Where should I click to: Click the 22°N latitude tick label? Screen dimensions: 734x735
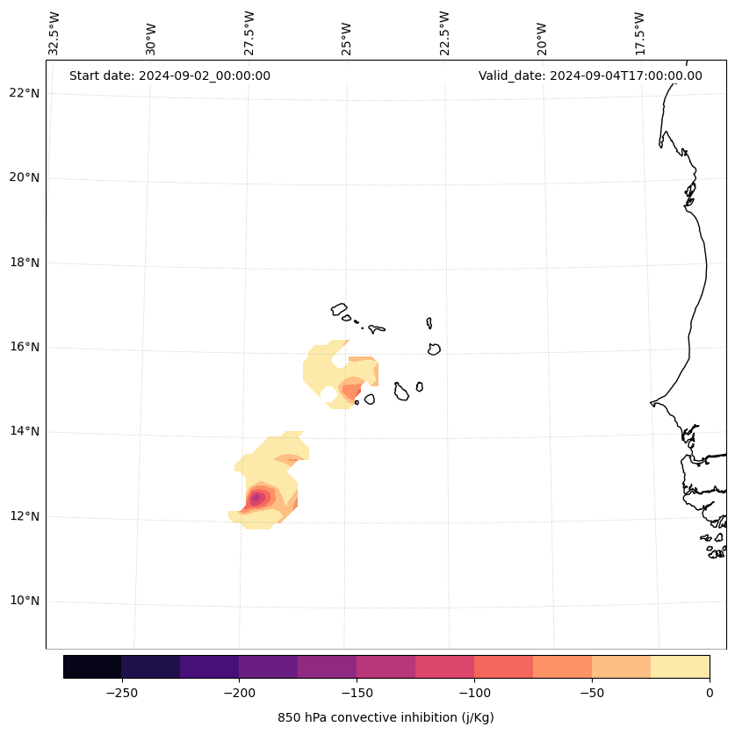23,93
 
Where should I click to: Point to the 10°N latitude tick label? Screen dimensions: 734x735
23,601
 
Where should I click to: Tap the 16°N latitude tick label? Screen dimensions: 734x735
23,347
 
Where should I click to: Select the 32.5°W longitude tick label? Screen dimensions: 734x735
54,32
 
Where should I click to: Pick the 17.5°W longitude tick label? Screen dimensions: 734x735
639,32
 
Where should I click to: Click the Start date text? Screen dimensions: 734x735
169,76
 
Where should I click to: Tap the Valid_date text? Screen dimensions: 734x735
590,76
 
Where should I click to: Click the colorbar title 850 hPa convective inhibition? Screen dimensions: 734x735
386,717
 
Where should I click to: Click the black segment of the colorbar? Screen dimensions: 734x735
92,666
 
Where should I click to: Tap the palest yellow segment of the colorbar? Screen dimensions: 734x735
680,666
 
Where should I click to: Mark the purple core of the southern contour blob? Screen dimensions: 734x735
256,498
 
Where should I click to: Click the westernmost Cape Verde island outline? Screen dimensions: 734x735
339,309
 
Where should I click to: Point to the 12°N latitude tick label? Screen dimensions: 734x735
23,516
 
